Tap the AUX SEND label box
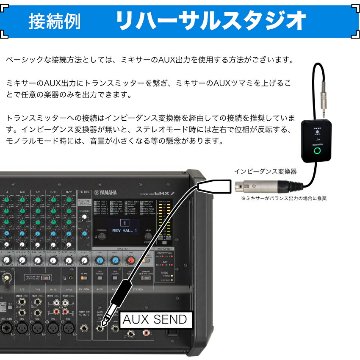coord(154,320)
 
